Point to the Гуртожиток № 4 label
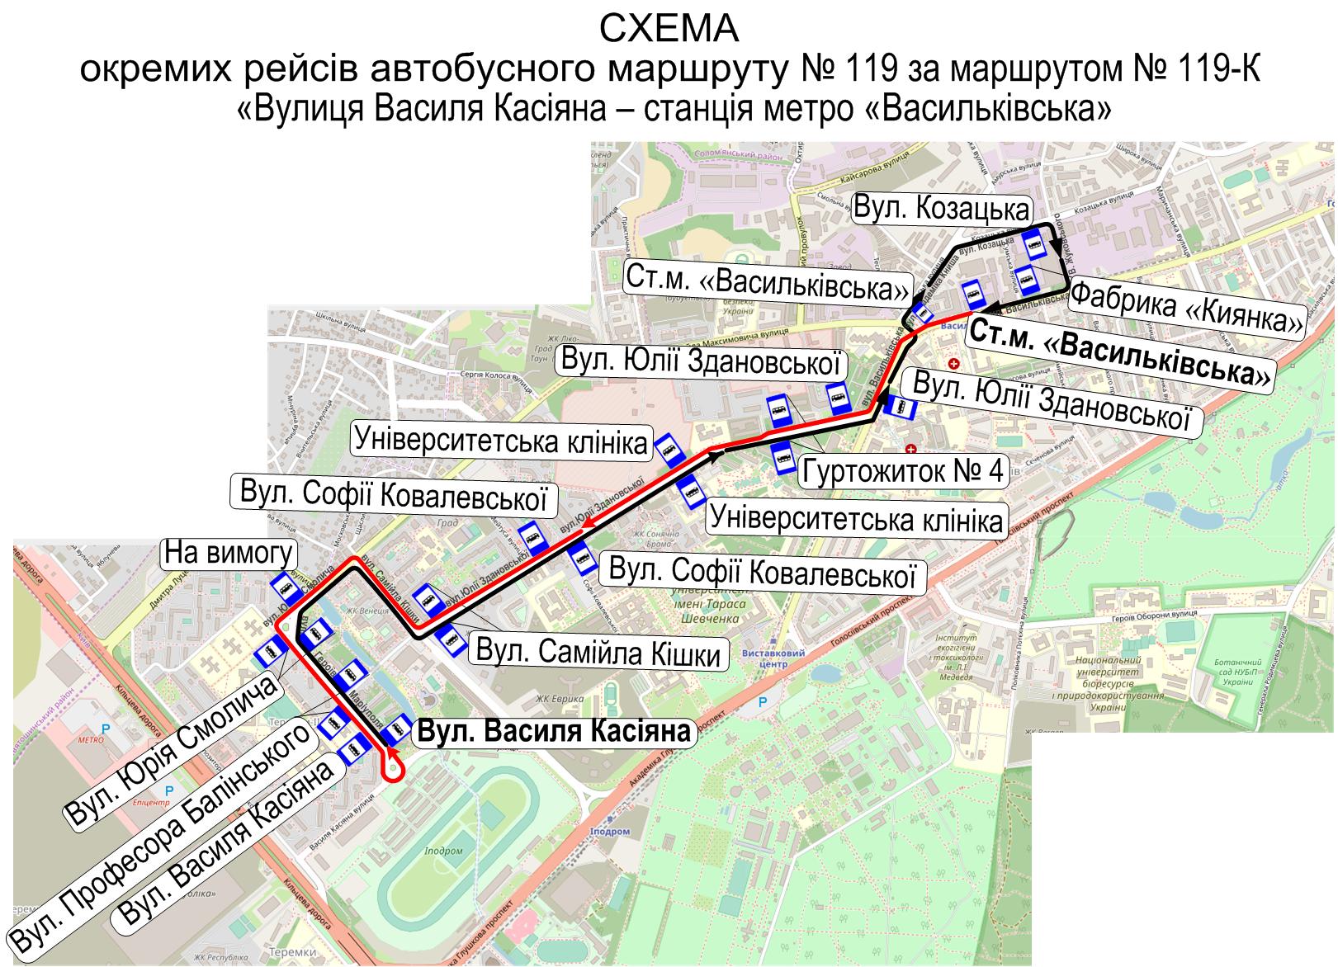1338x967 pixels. coord(903,471)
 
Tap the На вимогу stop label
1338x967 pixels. coord(229,553)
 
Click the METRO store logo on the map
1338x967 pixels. coord(87,739)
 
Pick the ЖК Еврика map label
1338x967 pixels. coord(554,700)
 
